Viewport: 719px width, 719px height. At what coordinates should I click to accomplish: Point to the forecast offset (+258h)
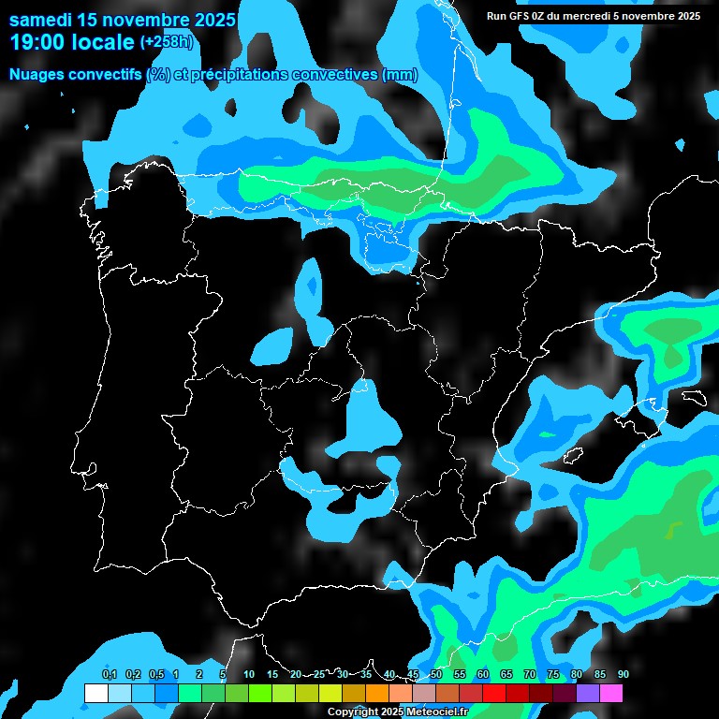[167, 42]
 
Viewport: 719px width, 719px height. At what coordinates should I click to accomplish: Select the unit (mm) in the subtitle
[400, 75]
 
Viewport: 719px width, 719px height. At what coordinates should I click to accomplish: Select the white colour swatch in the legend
[96, 694]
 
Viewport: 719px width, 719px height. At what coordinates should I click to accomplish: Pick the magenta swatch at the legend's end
[611, 694]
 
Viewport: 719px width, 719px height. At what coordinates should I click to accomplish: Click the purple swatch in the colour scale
[588, 694]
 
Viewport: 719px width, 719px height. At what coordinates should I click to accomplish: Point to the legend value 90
[623, 675]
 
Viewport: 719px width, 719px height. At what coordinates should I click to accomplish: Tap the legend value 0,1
[109, 675]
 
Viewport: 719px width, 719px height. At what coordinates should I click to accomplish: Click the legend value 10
[249, 675]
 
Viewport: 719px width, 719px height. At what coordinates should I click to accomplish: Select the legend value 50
[436, 675]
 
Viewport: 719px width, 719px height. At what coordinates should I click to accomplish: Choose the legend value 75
[553, 675]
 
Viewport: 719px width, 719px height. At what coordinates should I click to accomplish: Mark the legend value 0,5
[155, 675]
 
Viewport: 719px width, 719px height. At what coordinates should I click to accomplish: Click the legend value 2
[199, 675]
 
